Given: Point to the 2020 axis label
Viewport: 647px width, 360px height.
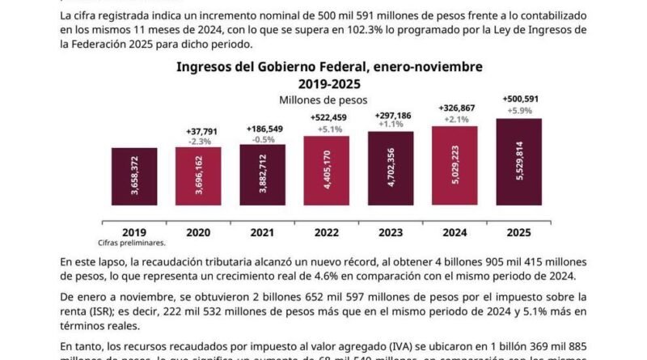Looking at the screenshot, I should [x=198, y=231].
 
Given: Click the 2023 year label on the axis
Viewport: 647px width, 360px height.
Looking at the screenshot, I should [x=391, y=231].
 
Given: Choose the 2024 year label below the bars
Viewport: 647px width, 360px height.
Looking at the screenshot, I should [x=455, y=231].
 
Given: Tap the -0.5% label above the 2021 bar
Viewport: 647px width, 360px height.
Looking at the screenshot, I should [x=263, y=138].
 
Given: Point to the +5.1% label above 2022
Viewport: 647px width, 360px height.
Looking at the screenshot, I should [x=327, y=128].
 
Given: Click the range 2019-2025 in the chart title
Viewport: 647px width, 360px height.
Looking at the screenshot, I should [x=323, y=83].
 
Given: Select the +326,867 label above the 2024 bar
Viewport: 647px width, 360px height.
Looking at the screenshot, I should [x=455, y=108].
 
